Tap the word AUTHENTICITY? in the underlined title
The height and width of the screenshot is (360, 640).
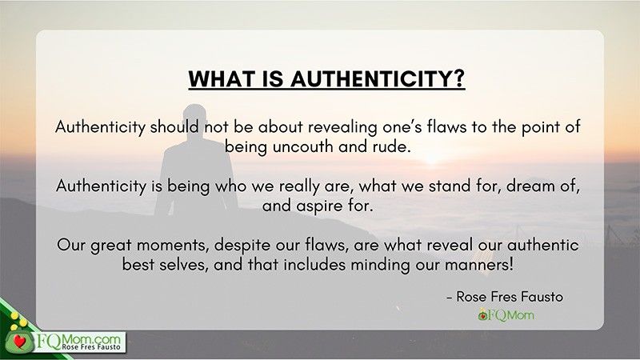[378, 78]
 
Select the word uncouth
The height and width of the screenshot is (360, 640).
[303, 146]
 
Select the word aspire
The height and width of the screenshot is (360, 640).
[319, 206]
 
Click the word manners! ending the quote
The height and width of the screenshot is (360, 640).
[478, 266]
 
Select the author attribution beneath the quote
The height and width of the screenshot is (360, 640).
[505, 297]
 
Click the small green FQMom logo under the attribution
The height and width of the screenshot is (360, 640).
[506, 314]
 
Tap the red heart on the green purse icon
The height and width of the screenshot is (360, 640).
[18, 340]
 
